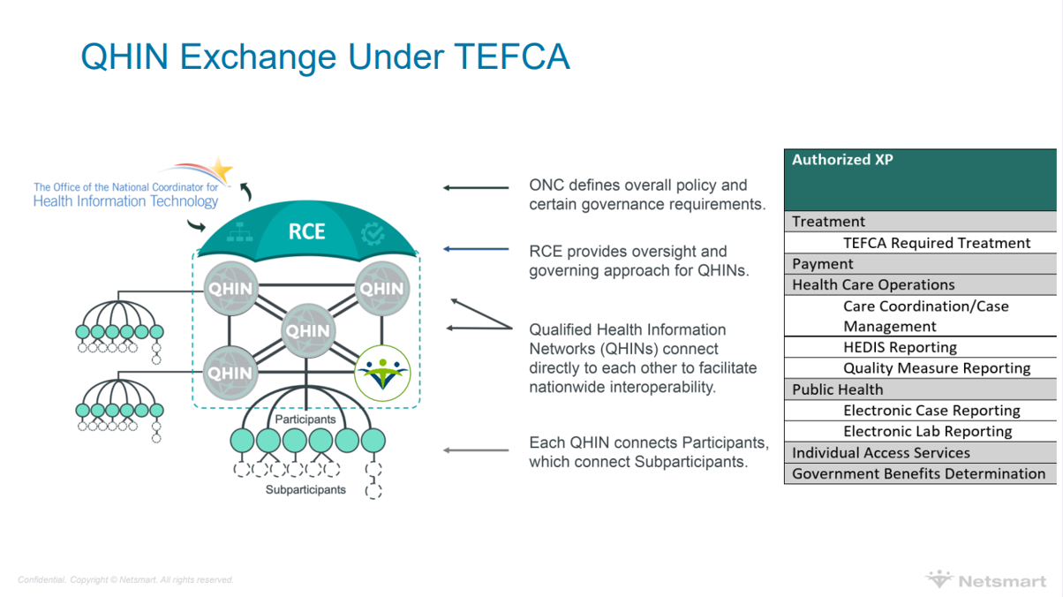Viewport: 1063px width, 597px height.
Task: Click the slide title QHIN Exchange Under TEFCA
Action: [x=325, y=57]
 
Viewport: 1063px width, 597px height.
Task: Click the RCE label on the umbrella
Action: [x=307, y=232]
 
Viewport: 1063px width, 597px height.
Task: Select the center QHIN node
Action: [x=307, y=332]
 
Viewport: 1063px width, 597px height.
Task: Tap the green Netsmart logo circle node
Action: [x=382, y=373]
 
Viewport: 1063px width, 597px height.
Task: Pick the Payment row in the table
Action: [x=920, y=263]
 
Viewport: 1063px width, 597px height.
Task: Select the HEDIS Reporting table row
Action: [x=920, y=347]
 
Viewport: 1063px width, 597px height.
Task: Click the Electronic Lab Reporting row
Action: [x=920, y=431]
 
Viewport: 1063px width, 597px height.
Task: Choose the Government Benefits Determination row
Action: [x=920, y=473]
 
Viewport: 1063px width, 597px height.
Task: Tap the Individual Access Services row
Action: [x=920, y=452]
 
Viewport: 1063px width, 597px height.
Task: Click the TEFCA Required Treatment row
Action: [x=920, y=243]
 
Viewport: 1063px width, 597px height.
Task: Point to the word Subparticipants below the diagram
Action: [x=305, y=489]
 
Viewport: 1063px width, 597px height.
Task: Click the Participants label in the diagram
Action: [x=305, y=419]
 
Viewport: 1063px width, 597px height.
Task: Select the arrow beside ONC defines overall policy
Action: [x=476, y=188]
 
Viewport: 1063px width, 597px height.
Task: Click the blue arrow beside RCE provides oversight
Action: [x=476, y=249]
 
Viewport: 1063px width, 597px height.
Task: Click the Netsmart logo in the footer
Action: [x=985, y=580]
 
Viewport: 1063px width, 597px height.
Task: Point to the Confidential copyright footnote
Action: [x=125, y=580]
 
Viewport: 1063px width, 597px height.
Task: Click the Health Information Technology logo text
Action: [x=125, y=201]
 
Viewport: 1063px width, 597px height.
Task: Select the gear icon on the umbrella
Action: [x=373, y=234]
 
